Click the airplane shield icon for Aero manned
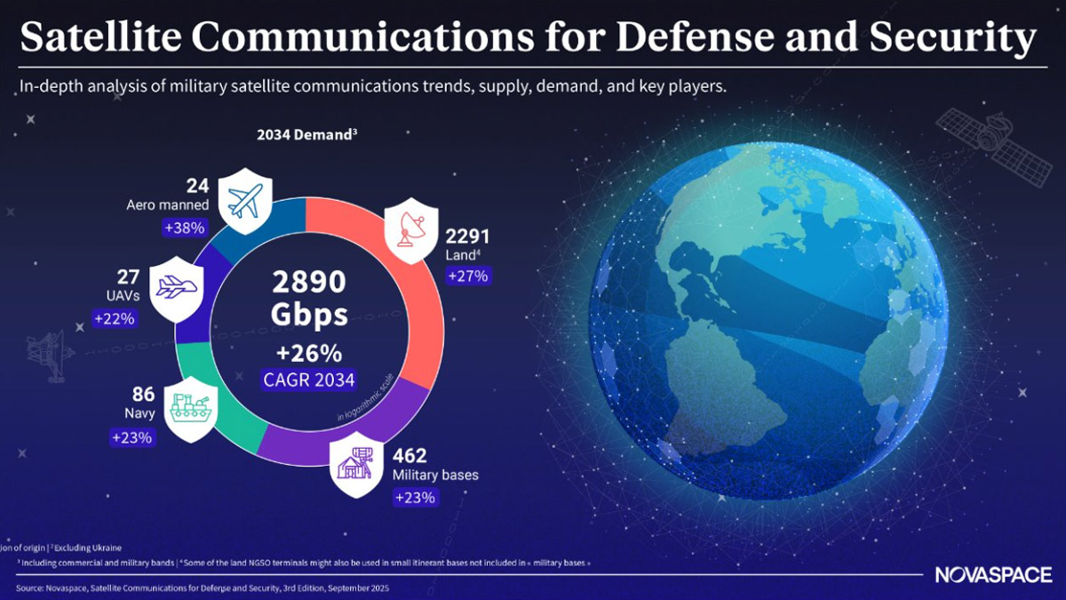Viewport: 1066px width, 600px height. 243,200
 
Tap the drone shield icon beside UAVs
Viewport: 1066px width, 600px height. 177,288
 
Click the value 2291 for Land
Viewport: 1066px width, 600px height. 466,237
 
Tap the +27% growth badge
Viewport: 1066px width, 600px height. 467,276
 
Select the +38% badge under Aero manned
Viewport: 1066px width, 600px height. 185,228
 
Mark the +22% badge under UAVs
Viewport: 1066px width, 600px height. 114,318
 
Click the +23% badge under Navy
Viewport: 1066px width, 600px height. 132,437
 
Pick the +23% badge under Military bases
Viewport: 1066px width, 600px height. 415,497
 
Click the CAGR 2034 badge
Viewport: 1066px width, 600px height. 308,380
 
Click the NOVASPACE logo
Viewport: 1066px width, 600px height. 992,575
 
